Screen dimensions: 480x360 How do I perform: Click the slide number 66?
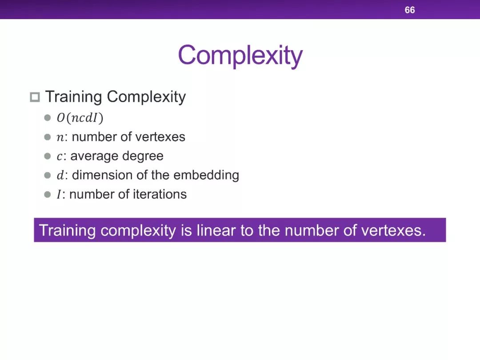point(410,10)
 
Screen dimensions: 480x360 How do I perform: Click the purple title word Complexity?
point(240,56)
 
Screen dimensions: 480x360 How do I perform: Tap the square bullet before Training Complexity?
point(35,97)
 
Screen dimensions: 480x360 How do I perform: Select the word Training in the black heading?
point(73,97)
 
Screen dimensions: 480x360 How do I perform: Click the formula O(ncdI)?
point(80,118)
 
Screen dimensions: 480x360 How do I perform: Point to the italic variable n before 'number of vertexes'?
point(60,137)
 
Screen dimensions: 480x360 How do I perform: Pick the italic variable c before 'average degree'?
point(60,157)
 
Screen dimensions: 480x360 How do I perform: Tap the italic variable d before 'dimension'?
point(60,175)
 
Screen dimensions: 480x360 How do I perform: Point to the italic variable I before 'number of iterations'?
point(59,195)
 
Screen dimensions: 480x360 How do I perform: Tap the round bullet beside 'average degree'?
point(48,156)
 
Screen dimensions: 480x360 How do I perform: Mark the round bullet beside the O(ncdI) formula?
point(48,118)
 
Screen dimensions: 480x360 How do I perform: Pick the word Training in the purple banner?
point(68,231)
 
